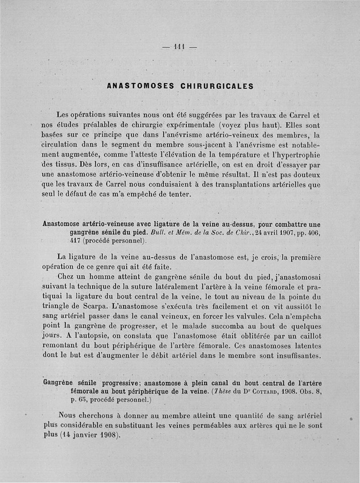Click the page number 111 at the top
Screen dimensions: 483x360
pyautogui.click(x=180, y=46)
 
